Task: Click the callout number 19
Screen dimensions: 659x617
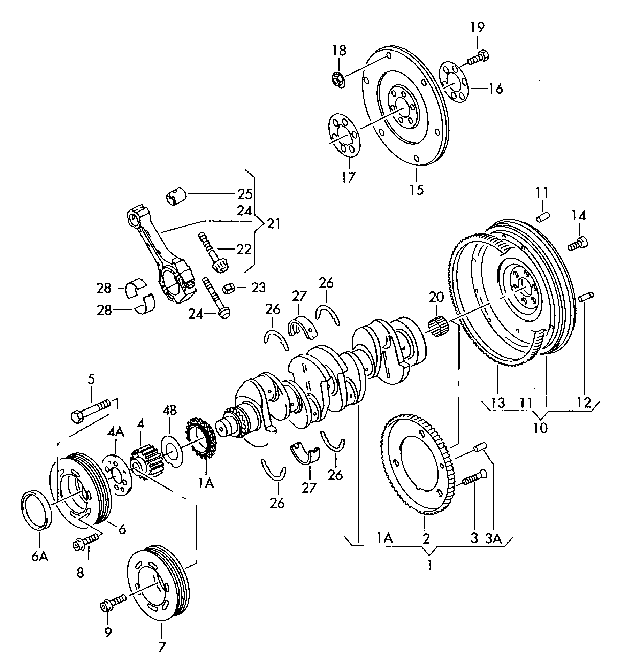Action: [478, 27]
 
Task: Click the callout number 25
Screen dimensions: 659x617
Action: [245, 194]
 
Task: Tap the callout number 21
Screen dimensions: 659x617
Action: [273, 223]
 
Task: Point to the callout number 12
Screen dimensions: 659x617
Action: [585, 403]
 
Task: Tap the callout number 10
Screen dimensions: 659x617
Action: [541, 427]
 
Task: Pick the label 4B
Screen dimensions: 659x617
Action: [169, 411]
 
